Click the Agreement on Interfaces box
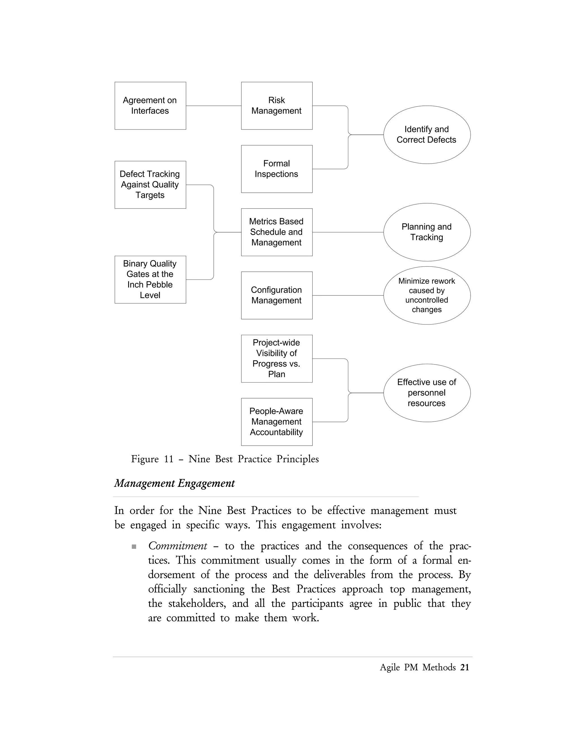(150, 106)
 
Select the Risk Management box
(277, 106)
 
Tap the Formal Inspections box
(277, 169)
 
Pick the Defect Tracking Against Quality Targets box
(150, 185)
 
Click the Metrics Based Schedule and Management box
(277, 232)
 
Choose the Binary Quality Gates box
(150, 280)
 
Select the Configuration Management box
(277, 295)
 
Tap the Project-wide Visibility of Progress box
(277, 359)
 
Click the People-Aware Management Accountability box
(277, 422)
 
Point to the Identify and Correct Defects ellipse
(427, 135)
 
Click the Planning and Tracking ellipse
(427, 232)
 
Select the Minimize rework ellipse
(427, 295)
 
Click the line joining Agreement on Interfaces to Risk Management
(213, 106)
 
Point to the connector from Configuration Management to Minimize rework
(348, 295)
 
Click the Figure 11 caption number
(169, 459)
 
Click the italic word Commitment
(178, 546)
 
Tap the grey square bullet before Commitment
(134, 546)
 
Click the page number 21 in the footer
(464, 667)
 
